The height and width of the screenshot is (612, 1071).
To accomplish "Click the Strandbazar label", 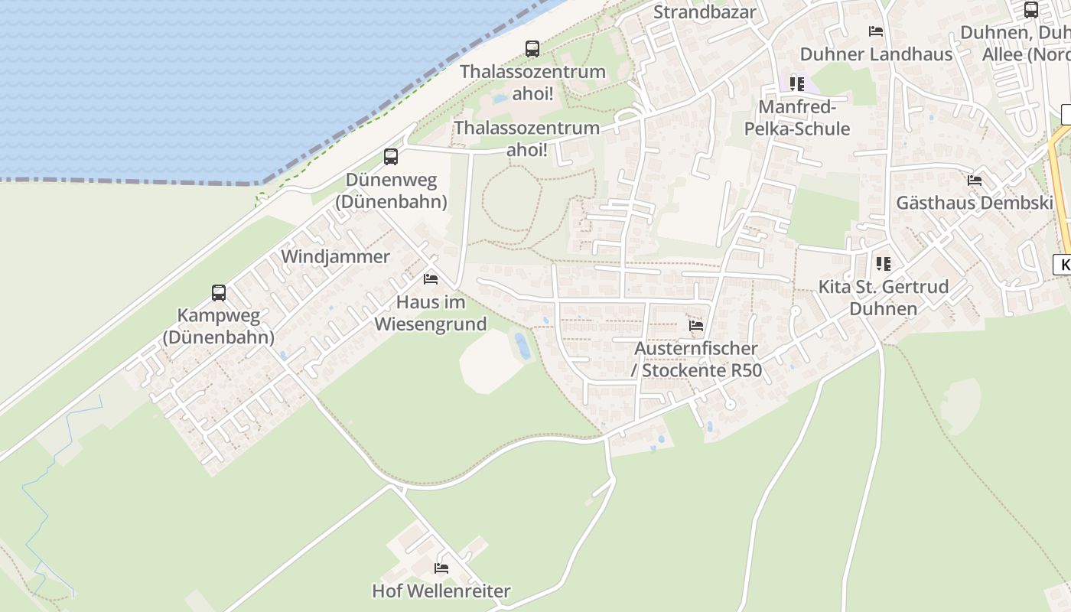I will coord(705,12).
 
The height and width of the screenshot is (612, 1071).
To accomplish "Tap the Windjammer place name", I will coord(335,257).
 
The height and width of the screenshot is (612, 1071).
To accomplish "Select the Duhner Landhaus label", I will coord(876,54).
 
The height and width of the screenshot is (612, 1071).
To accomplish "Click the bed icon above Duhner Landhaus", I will coord(876,31).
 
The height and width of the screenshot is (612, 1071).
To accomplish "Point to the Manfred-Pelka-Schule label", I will coord(797,118).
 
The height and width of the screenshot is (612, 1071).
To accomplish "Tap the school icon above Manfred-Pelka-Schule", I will coord(797,83).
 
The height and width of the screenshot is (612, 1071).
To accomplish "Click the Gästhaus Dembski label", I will coord(975,203).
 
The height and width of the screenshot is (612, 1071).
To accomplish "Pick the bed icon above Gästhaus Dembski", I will coord(975,181).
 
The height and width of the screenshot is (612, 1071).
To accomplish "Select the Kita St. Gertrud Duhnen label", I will coord(884,298).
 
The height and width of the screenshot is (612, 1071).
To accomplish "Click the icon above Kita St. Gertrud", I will coord(884,264).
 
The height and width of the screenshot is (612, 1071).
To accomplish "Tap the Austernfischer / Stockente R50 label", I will coord(696,360).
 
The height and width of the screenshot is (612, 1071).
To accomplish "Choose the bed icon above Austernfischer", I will coord(696,326).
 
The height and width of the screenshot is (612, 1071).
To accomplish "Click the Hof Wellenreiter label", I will coord(441,591).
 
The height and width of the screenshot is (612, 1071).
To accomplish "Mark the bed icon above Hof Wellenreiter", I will coord(441,568).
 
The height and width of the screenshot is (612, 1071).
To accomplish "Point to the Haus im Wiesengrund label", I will coord(431,313).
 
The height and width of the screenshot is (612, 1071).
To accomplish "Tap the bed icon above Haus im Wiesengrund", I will coord(431,279).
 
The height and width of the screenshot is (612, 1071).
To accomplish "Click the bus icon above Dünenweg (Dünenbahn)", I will coord(391,157).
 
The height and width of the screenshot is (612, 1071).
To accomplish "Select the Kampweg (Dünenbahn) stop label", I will coord(219,326).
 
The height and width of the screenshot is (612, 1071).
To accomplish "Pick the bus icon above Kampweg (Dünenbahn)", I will coord(219,292).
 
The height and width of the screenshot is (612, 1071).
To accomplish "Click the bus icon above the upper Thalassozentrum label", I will coord(532,48).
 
